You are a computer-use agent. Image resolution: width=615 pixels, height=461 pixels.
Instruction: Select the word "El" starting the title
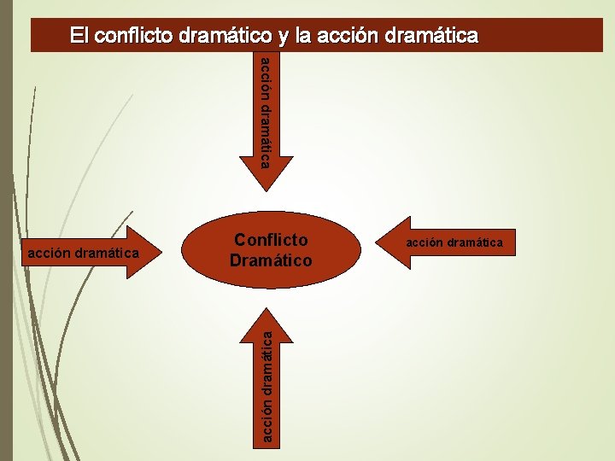[x=79, y=36]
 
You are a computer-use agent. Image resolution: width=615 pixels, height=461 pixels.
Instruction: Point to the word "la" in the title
[x=301, y=36]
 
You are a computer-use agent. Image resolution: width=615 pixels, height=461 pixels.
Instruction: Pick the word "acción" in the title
[x=347, y=36]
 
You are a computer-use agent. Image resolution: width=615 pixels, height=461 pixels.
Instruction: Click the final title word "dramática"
[x=431, y=36]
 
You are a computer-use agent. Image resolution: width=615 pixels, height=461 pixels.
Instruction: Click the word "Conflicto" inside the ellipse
[x=270, y=240]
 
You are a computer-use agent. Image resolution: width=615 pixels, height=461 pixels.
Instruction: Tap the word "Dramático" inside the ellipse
[x=271, y=260]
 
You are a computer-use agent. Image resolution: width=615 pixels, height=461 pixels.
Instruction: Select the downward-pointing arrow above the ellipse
[x=268, y=120]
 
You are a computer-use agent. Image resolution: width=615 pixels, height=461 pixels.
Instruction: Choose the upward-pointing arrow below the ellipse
[x=268, y=376]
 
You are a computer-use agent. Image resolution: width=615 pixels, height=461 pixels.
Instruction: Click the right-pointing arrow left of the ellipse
[x=85, y=253]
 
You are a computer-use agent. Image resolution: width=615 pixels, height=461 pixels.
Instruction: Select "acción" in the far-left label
[x=49, y=253]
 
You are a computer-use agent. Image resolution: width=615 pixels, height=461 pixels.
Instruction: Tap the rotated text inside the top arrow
[x=266, y=111]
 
